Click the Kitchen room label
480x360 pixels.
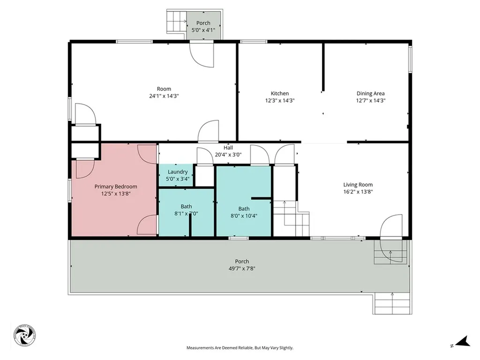pos(280,93)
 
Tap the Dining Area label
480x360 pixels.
pos(370,93)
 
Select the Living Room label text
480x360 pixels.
pos(358,185)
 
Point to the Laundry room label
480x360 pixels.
pos(178,172)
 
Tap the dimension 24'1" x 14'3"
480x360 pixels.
pos(164,96)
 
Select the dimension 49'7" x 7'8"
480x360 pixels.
pos(242,269)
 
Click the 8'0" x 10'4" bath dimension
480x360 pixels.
pos(244,216)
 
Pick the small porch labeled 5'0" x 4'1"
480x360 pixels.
pos(203,26)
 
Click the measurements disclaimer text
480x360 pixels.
pos(240,348)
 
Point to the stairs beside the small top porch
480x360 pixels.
pos(177,22)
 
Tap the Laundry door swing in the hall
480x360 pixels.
pos(204,157)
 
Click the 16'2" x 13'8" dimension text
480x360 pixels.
pos(358,191)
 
